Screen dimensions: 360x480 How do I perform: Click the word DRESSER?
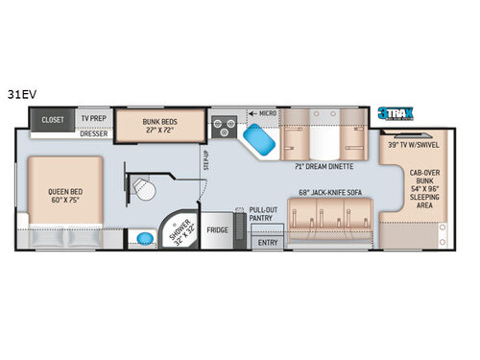click(x=92, y=133)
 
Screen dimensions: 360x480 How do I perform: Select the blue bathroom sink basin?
click(x=144, y=236)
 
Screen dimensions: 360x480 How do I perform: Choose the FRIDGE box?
click(x=217, y=230)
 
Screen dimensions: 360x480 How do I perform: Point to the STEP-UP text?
click(x=205, y=159)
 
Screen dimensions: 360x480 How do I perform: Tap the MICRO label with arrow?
click(x=262, y=113)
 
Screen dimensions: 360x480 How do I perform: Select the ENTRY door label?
click(x=266, y=243)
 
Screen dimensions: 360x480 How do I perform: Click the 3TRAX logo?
click(x=395, y=111)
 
